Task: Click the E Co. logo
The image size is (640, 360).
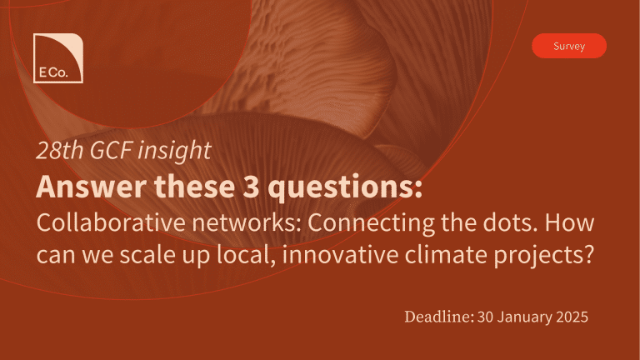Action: point(58,58)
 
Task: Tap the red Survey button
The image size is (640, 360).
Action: point(569,46)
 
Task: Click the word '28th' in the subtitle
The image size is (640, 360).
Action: point(60,150)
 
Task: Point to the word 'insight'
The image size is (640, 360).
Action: point(175,151)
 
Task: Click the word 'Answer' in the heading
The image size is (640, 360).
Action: point(92,187)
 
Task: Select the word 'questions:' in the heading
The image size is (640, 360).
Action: point(345,187)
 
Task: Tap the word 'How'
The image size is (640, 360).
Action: point(569,223)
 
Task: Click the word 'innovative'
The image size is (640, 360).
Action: point(340,255)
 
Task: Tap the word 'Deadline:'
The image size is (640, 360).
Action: point(439,317)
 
